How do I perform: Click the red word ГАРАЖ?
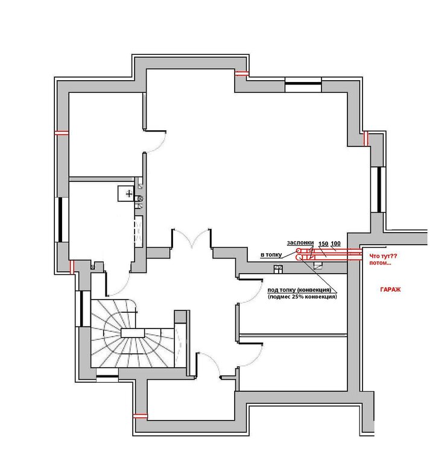tap(390, 289)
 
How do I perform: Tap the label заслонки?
tap(300, 243)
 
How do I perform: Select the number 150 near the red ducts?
tap(323, 243)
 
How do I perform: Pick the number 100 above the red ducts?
tap(335, 243)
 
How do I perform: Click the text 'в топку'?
tap(271, 255)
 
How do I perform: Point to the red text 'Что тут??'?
tap(383, 256)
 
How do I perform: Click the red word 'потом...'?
tap(380, 263)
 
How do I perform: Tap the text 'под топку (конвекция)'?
tap(299, 290)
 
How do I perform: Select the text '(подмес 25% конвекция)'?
tap(302, 297)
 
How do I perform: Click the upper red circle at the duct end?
tap(299, 251)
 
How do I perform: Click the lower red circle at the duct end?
tap(299, 257)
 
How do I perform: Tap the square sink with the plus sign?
tap(126, 193)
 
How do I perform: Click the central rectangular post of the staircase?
tap(133, 333)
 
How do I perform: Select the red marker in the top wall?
tap(241, 74)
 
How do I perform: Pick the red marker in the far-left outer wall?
tap(62, 133)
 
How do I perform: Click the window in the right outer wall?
tap(378, 189)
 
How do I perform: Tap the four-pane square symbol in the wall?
tap(278, 269)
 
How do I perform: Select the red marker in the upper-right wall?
tap(366, 139)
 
